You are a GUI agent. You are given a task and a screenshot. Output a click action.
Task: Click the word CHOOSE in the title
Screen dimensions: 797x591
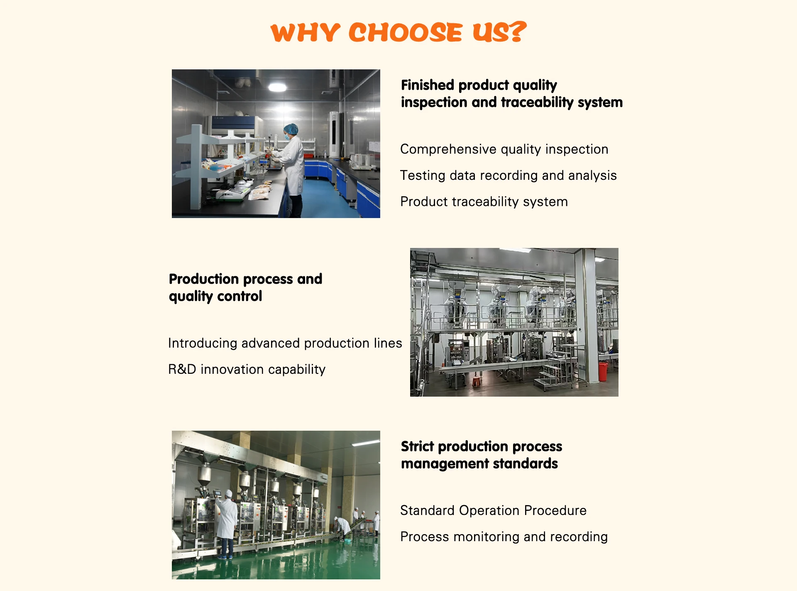point(405,32)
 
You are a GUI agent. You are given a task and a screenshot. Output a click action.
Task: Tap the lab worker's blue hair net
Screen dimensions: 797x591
point(291,129)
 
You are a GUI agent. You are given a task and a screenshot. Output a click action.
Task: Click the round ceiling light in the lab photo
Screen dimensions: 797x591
point(277,87)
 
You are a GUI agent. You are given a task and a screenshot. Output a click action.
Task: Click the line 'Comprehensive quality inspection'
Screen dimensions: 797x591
point(504,149)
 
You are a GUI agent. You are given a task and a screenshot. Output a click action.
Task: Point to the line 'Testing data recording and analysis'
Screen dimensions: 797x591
point(508,175)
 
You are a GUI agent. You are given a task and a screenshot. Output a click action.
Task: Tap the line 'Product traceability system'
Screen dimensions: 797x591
point(484,201)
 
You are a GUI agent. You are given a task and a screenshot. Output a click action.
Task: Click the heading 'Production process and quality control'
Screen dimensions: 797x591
point(245,287)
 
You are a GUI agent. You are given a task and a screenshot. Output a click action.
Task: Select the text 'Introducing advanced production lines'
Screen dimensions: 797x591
point(285,343)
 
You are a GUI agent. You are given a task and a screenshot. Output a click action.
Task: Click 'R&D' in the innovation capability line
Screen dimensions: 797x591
point(182,369)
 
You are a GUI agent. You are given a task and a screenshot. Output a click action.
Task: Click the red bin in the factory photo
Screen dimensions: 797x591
point(603,372)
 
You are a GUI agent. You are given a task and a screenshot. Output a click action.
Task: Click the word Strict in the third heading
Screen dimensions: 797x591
point(417,446)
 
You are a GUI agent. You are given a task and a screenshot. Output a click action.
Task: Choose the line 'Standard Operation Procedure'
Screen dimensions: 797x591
point(493,510)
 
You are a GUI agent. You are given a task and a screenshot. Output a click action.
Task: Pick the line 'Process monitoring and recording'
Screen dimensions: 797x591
point(504,537)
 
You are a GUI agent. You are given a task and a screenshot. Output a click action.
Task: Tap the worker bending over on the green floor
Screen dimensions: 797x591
point(343,527)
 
